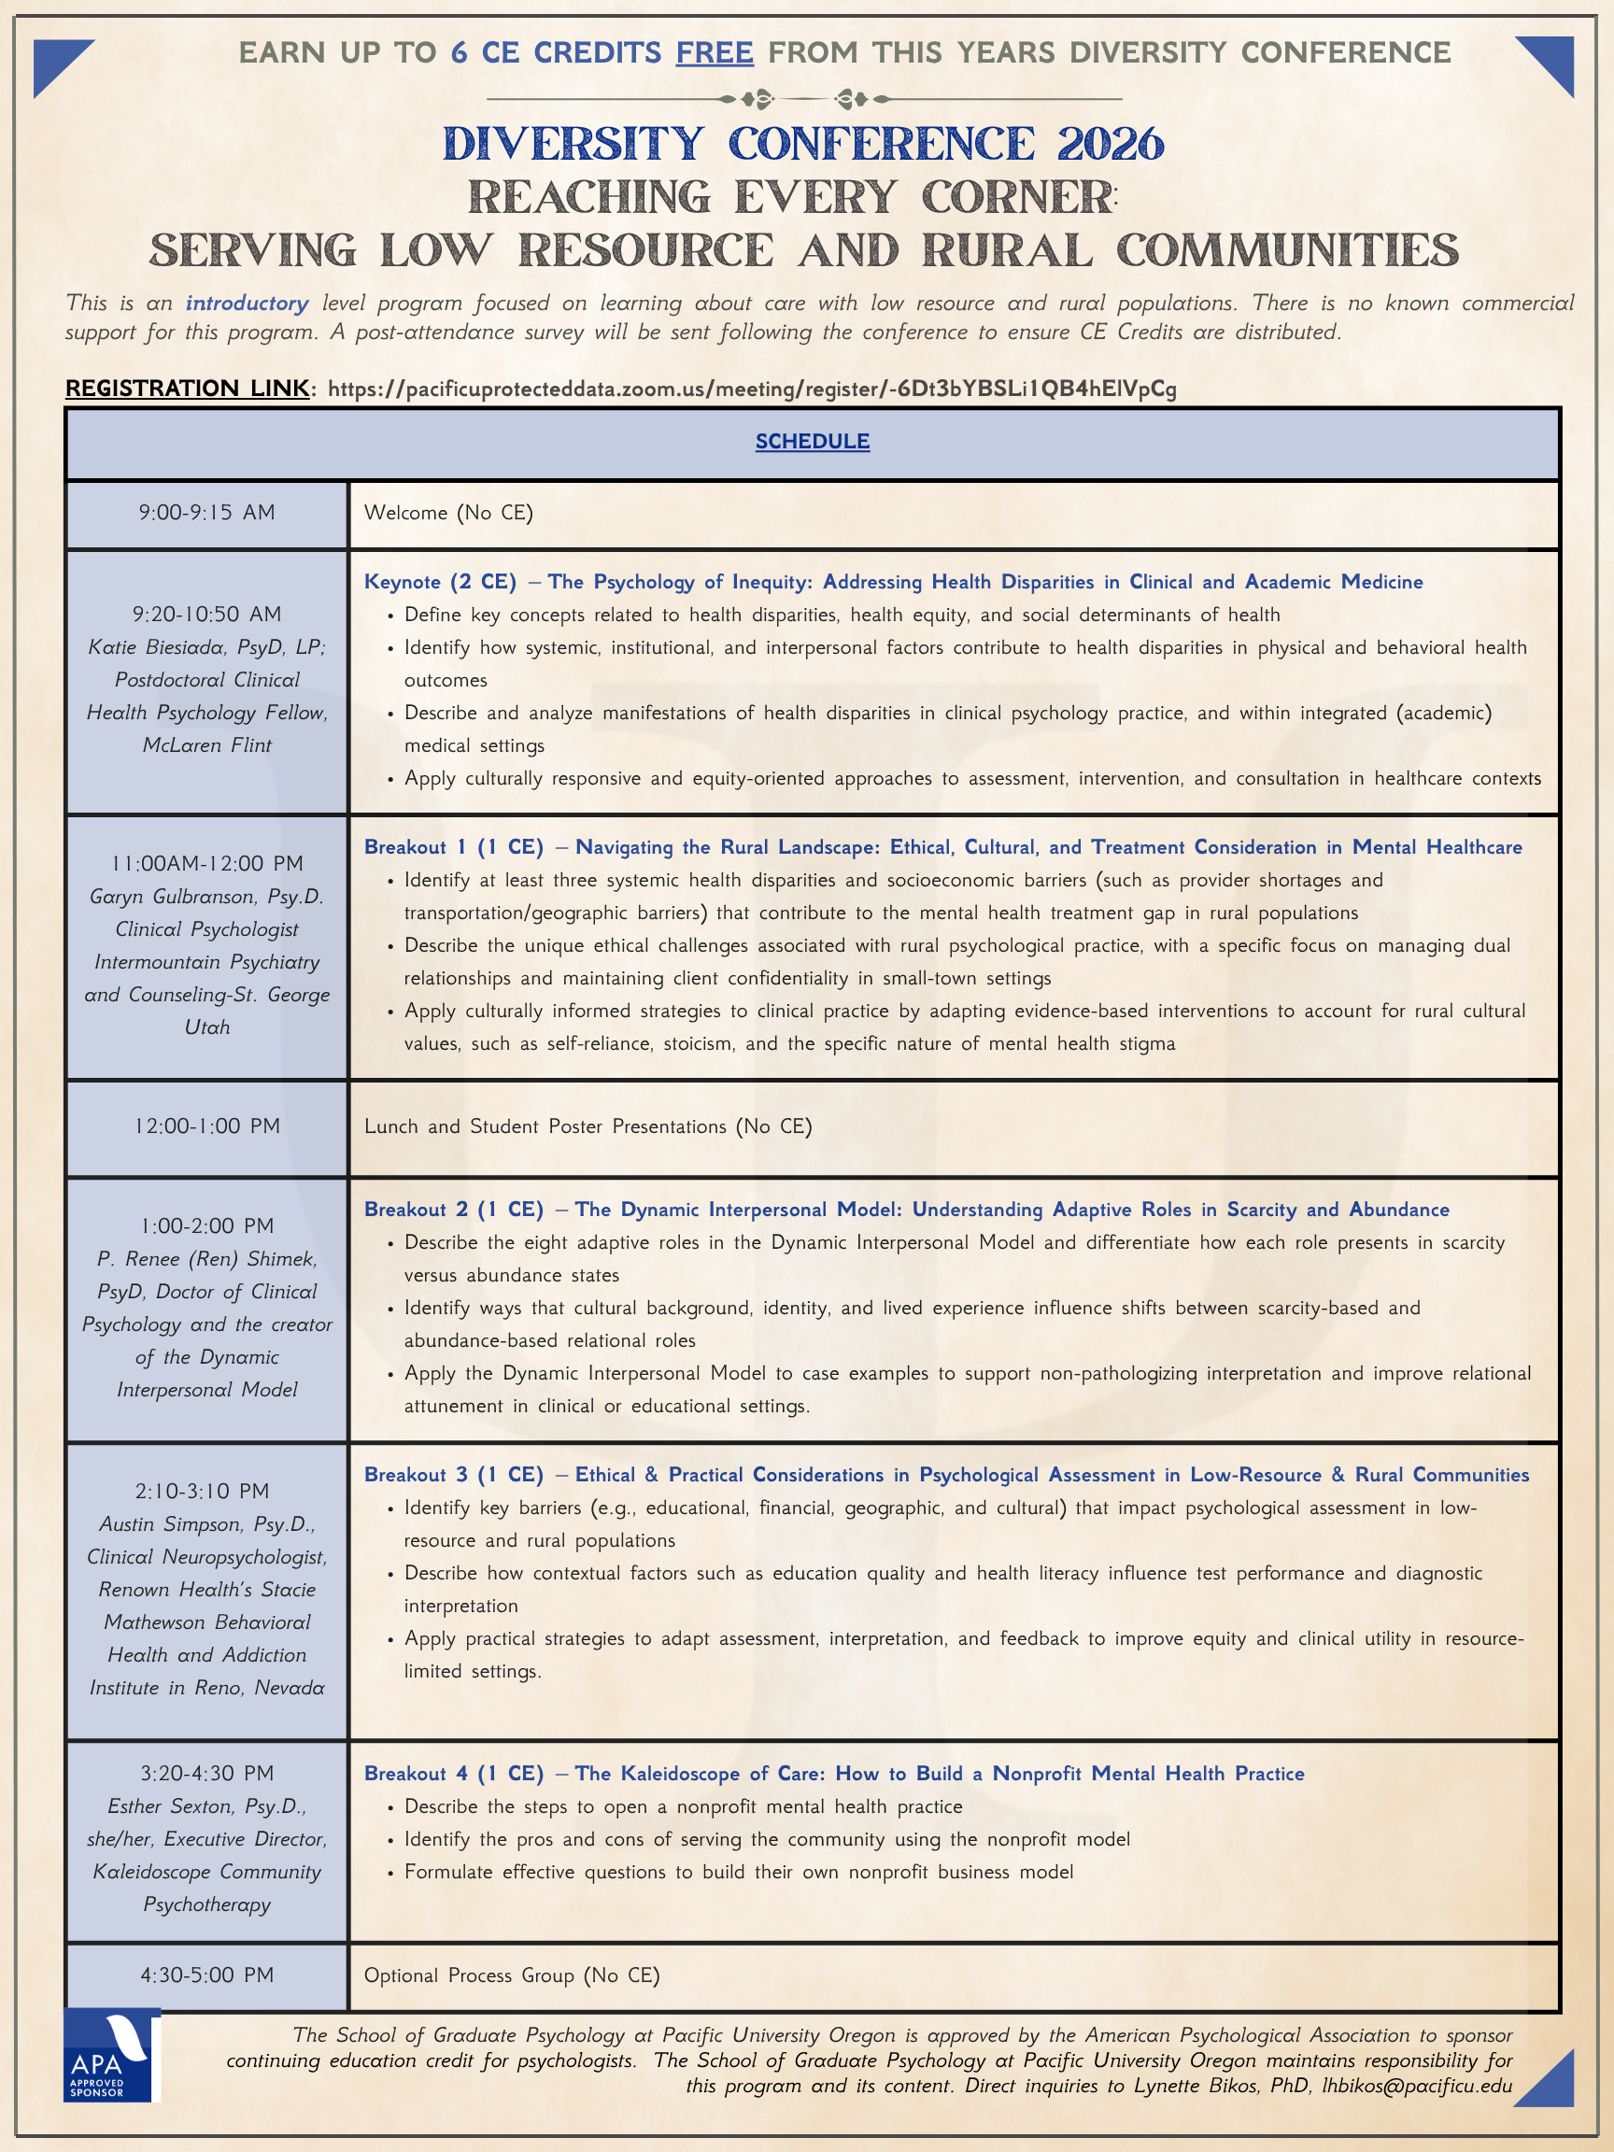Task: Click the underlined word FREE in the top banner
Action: pyautogui.click(x=715, y=52)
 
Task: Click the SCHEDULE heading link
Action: pyautogui.click(x=813, y=442)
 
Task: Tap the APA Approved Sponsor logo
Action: pyautogui.click(x=111, y=2054)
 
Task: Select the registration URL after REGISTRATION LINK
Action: pyautogui.click(x=752, y=389)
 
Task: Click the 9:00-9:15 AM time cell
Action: pyautogui.click(x=206, y=513)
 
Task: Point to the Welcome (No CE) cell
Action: pyautogui.click(x=448, y=513)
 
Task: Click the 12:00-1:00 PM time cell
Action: pyautogui.click(x=206, y=1126)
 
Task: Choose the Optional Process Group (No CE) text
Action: pyautogui.click(x=512, y=1975)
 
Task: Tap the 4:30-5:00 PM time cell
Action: pyautogui.click(x=206, y=1975)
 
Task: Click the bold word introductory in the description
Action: pyautogui.click(x=248, y=304)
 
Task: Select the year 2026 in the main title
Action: pyautogui.click(x=1110, y=144)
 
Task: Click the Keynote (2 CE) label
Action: pyautogui.click(x=440, y=582)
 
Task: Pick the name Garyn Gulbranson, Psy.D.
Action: pyautogui.click(x=206, y=896)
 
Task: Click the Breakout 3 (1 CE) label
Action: pyautogui.click(x=453, y=1475)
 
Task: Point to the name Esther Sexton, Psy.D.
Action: pyautogui.click(x=206, y=1806)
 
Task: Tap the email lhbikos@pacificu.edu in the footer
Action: pyautogui.click(x=1417, y=2086)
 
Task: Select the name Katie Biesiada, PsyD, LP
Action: pyautogui.click(x=206, y=648)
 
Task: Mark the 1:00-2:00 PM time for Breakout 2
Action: pyautogui.click(x=206, y=1225)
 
